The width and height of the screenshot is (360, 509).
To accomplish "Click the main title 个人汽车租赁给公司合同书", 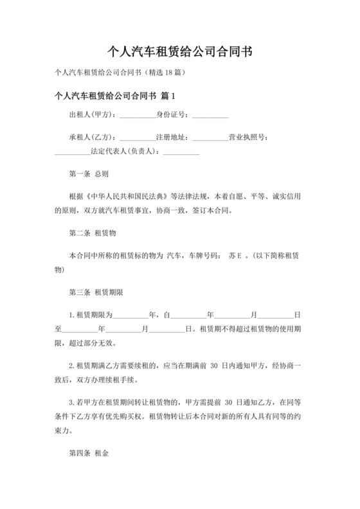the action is [179, 51].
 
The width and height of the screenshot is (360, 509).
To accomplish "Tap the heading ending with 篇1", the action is [116, 96].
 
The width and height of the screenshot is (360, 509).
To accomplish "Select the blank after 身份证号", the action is [210, 116].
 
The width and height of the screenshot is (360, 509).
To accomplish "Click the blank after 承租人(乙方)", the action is [138, 138].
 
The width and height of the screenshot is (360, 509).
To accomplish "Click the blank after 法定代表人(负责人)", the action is [181, 152].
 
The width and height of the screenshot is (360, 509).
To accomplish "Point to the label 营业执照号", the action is [251, 138].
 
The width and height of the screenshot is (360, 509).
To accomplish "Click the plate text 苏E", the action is [235, 255].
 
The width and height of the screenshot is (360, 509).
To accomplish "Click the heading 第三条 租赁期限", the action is [96, 292].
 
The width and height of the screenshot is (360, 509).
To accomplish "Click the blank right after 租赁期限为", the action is [130, 314].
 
